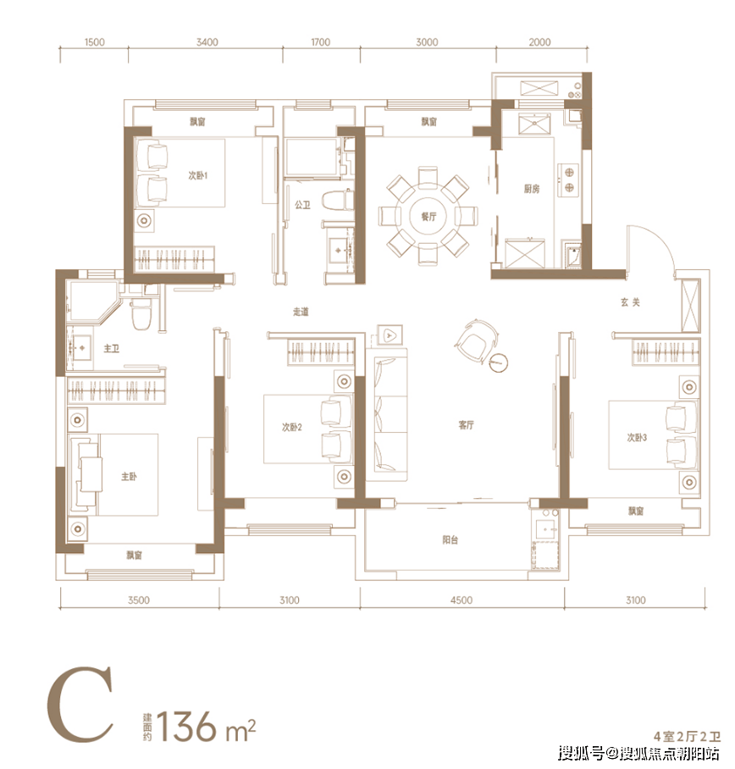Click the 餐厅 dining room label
coord(428,216)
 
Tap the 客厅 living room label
coord(467,424)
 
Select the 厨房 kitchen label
coord(532,188)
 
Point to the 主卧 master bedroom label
coord(129,476)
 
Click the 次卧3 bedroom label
coord(637,437)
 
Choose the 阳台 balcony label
coord(450,540)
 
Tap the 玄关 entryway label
coord(630,302)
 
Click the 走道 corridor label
coord(301,312)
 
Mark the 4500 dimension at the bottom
coord(461,600)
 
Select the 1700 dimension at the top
coord(321,42)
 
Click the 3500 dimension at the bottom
coord(139,600)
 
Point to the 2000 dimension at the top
coord(540,42)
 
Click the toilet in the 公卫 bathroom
coord(338,201)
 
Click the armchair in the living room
coord(474,339)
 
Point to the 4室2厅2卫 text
coord(687,736)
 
